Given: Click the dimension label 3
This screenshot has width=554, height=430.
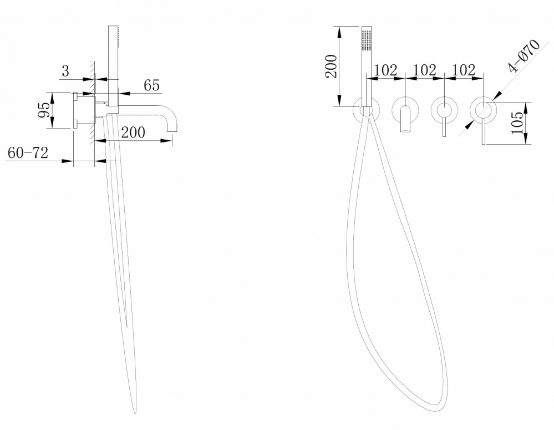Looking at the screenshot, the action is coord(66,71).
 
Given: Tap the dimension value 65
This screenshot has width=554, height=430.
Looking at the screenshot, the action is coord(152,85).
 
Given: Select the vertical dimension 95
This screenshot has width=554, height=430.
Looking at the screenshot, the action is coord(44,110).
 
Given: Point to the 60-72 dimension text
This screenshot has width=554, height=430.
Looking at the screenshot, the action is coord(28,153).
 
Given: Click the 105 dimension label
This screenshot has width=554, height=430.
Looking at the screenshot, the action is coord(517,123).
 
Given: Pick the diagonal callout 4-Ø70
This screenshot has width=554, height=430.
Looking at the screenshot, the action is coord(523,55).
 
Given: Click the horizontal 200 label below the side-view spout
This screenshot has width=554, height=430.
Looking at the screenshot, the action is coord(133,132).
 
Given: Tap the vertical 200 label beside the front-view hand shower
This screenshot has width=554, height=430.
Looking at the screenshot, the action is coord(331,66).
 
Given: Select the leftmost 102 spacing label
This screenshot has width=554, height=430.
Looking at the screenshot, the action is coord(385,70).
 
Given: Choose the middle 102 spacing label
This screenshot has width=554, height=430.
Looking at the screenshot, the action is coord(425,70).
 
